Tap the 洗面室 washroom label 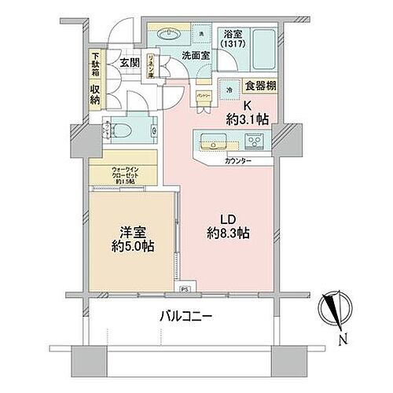pyautogui.click(x=195, y=56)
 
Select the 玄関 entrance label pyautogui.click(x=130, y=61)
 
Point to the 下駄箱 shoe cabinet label pyautogui.click(x=95, y=62)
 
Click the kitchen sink pyautogui.click(x=213, y=142)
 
